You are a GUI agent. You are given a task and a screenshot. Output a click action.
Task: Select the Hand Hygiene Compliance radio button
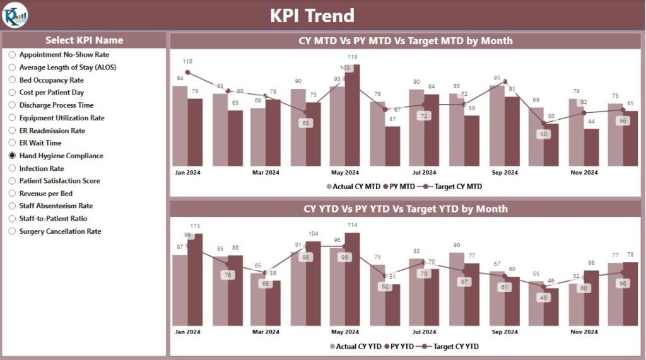coord(12,156)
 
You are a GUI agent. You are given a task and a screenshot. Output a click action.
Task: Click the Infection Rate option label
coord(41,168)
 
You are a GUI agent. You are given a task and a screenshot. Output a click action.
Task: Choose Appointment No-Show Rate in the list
coord(64,55)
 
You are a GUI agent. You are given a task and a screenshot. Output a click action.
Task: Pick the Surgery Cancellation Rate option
coord(60,231)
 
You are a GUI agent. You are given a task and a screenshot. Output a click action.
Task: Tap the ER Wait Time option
coord(40,143)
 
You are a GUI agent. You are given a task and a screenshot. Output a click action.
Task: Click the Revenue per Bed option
coord(45,194)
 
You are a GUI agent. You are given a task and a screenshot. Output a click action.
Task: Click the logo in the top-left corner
coord(15,15)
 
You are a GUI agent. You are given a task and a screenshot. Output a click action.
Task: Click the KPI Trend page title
coord(312,15)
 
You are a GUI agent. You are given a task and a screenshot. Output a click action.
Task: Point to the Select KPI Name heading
coord(84,40)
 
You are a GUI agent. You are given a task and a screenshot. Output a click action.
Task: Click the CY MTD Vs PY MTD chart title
coord(405,41)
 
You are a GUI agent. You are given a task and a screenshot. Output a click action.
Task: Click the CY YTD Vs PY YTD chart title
coord(405,209)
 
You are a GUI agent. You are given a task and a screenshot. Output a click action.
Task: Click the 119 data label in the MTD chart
coord(353,57)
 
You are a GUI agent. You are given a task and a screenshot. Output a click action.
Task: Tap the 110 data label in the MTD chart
coord(187,61)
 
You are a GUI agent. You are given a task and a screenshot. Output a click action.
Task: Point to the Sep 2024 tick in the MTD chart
coord(504,172)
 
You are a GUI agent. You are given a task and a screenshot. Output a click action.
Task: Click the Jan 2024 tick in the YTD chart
coord(187,332)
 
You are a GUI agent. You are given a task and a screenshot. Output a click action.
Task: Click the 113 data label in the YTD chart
coord(195,226)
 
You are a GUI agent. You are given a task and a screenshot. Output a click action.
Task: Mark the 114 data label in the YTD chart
coord(353,225)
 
